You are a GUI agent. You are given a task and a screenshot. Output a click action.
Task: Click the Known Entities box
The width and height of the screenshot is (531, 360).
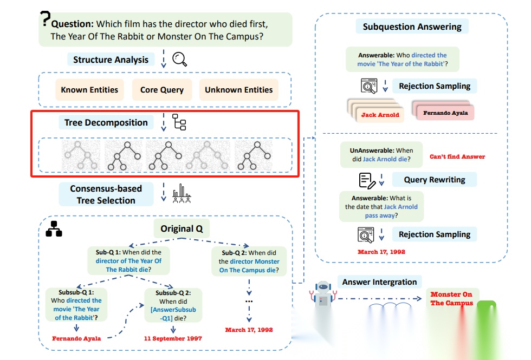click(x=89, y=90)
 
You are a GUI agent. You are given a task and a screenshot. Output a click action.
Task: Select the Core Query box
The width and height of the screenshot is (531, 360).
click(x=161, y=90)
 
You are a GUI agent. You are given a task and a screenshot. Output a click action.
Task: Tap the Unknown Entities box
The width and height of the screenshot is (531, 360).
click(x=239, y=90)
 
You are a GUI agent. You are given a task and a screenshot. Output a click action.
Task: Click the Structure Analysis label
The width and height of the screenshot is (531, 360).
click(x=111, y=60)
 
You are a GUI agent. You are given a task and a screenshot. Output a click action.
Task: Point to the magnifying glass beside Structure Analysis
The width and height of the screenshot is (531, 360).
click(x=179, y=59)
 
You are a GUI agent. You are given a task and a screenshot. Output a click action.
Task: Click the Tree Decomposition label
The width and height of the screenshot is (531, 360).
click(x=106, y=122)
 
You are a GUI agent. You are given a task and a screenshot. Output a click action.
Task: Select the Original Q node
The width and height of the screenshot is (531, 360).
click(x=181, y=228)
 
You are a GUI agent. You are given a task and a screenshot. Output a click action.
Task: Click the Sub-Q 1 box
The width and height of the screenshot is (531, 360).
click(x=128, y=261)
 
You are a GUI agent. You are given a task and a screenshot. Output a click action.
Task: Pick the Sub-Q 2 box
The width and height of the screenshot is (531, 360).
click(x=249, y=261)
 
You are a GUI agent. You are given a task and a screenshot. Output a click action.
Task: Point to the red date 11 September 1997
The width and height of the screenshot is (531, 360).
click(x=173, y=338)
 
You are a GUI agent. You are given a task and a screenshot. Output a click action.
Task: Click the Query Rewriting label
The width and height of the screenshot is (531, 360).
click(x=435, y=180)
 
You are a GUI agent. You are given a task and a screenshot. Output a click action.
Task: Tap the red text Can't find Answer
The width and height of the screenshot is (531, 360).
click(x=457, y=156)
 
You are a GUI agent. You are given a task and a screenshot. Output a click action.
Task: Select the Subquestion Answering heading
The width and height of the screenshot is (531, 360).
click(x=412, y=27)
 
